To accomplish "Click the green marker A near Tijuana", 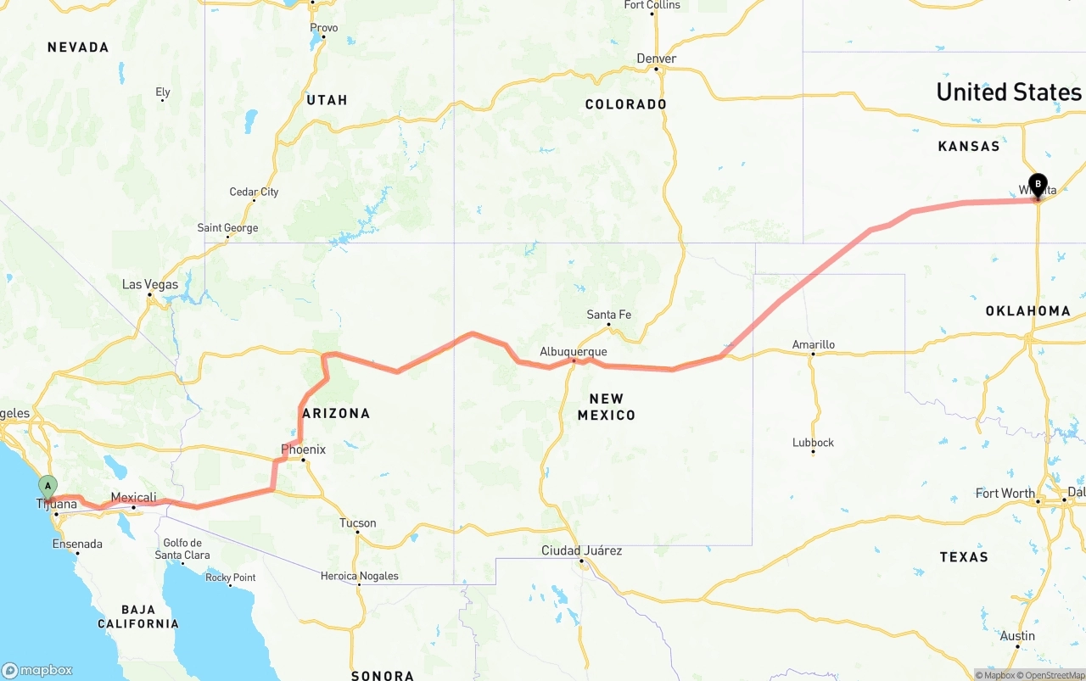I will [48, 487].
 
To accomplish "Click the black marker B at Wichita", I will [1038, 184].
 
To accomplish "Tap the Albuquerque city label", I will [574, 352].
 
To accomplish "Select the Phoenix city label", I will [304, 449].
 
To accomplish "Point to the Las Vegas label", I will [150, 284].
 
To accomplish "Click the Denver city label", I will [657, 59].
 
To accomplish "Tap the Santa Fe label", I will [609, 315].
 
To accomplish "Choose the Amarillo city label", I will [814, 344].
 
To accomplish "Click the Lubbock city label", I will [813, 443].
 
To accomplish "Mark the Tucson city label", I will [357, 523].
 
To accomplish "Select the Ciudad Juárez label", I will [582, 551].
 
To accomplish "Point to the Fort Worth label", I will [1005, 494].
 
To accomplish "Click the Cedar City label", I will [254, 192].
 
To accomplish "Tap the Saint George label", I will [227, 227].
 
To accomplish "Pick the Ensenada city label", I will [77, 544].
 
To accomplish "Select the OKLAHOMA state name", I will [1028, 311].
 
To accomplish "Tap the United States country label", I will [1009, 92].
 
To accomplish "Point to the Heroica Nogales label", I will [359, 577].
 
